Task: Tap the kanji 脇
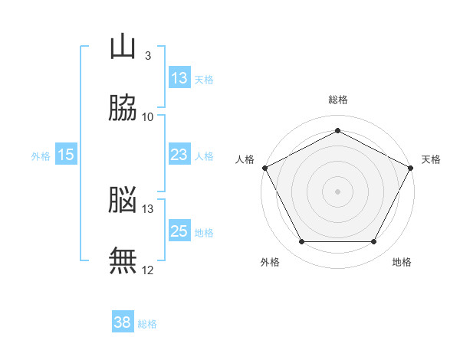[x=123, y=108]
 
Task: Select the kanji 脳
[x=123, y=200]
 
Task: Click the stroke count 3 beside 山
[x=147, y=55]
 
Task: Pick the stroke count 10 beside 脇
[x=148, y=116]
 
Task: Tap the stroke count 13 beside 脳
[x=148, y=208]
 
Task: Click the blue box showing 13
[x=179, y=78]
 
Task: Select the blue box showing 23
[x=179, y=155]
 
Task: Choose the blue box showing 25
[x=179, y=231]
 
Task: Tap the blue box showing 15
[x=66, y=155]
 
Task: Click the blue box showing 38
[x=122, y=322]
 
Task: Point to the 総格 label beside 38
[x=147, y=324]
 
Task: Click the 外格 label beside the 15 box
[x=41, y=156]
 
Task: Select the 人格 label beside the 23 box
[x=204, y=156]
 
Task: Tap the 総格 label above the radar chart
[x=337, y=100]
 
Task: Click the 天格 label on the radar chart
[x=431, y=159]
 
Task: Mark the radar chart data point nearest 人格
[x=264, y=167]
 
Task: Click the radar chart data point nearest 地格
[x=373, y=242]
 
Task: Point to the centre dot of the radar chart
[x=337, y=191]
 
